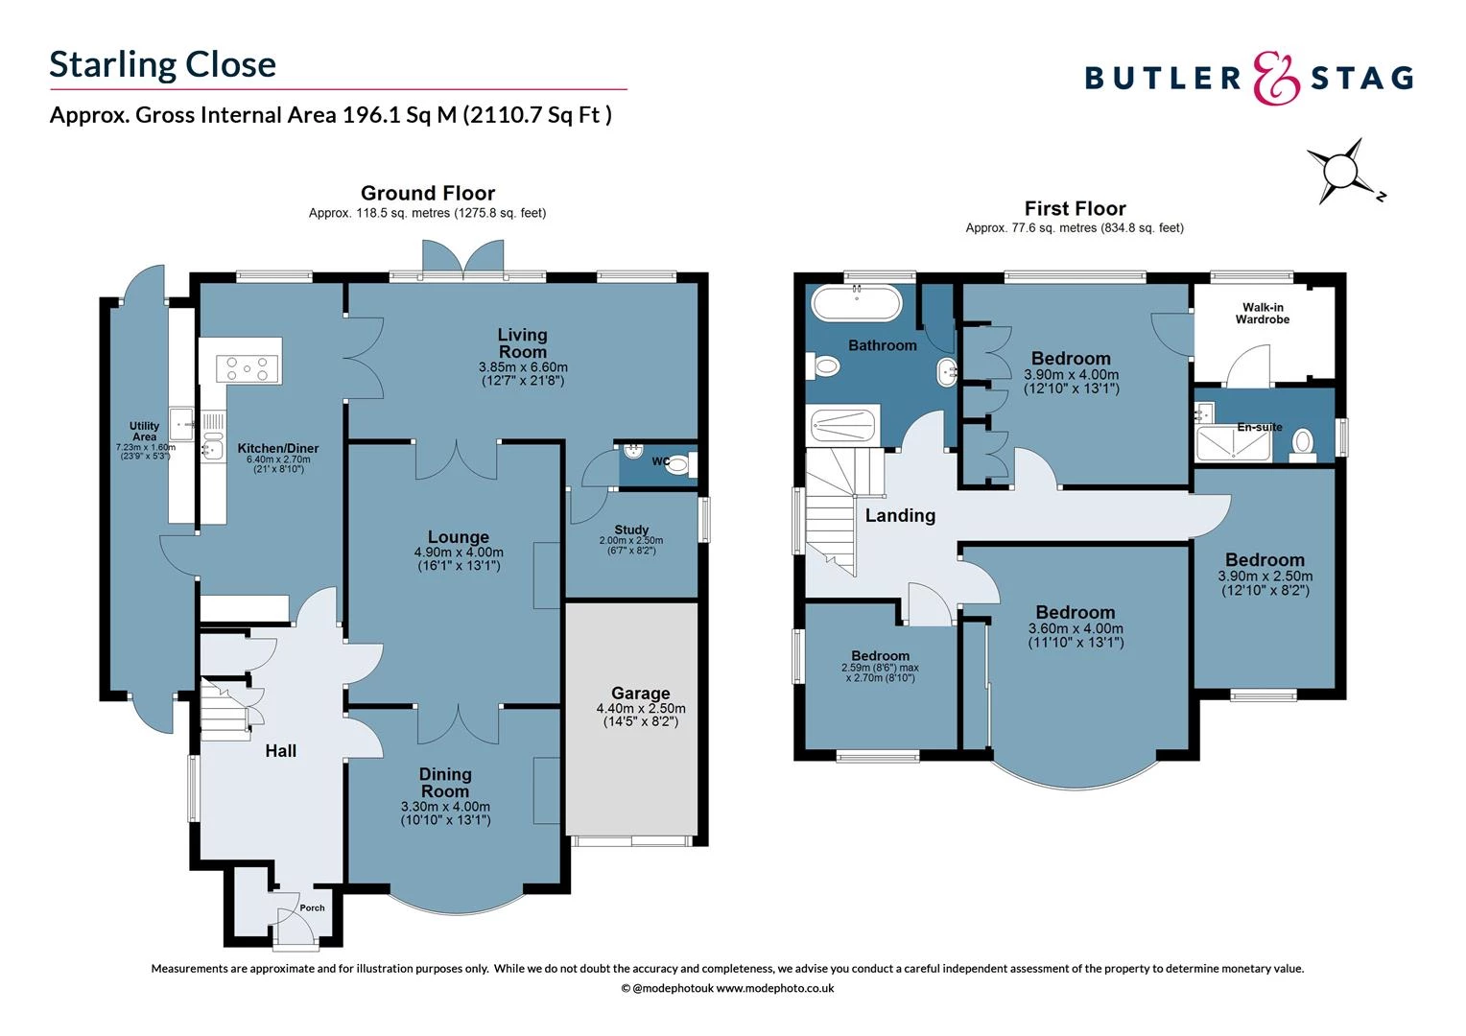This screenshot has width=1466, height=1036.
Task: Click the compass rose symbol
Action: pos(1341,172)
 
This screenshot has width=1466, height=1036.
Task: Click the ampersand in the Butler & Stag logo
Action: pos(1277,78)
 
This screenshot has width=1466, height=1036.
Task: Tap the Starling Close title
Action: pos(162,64)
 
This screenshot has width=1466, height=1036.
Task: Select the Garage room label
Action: pos(640,693)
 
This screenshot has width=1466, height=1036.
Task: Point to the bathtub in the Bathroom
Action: pos(856,304)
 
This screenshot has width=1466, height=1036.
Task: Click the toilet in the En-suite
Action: pos(1302,443)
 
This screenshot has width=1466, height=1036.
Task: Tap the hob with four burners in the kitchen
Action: pos(248,366)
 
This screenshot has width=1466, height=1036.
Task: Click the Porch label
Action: pos(312,907)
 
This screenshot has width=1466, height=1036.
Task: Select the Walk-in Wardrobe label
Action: pos(1262,314)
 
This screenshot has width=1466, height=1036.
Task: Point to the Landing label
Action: pos(899,515)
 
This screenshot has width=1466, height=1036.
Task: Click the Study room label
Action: pos(631,530)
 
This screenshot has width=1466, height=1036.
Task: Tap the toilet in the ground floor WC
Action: pos(677,466)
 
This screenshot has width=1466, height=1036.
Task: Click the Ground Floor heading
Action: pos(428,193)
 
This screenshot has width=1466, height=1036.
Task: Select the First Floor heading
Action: pos(1075,208)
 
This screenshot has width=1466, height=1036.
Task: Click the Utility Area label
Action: pos(144,431)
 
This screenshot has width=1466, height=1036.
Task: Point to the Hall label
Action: pos(280,751)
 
